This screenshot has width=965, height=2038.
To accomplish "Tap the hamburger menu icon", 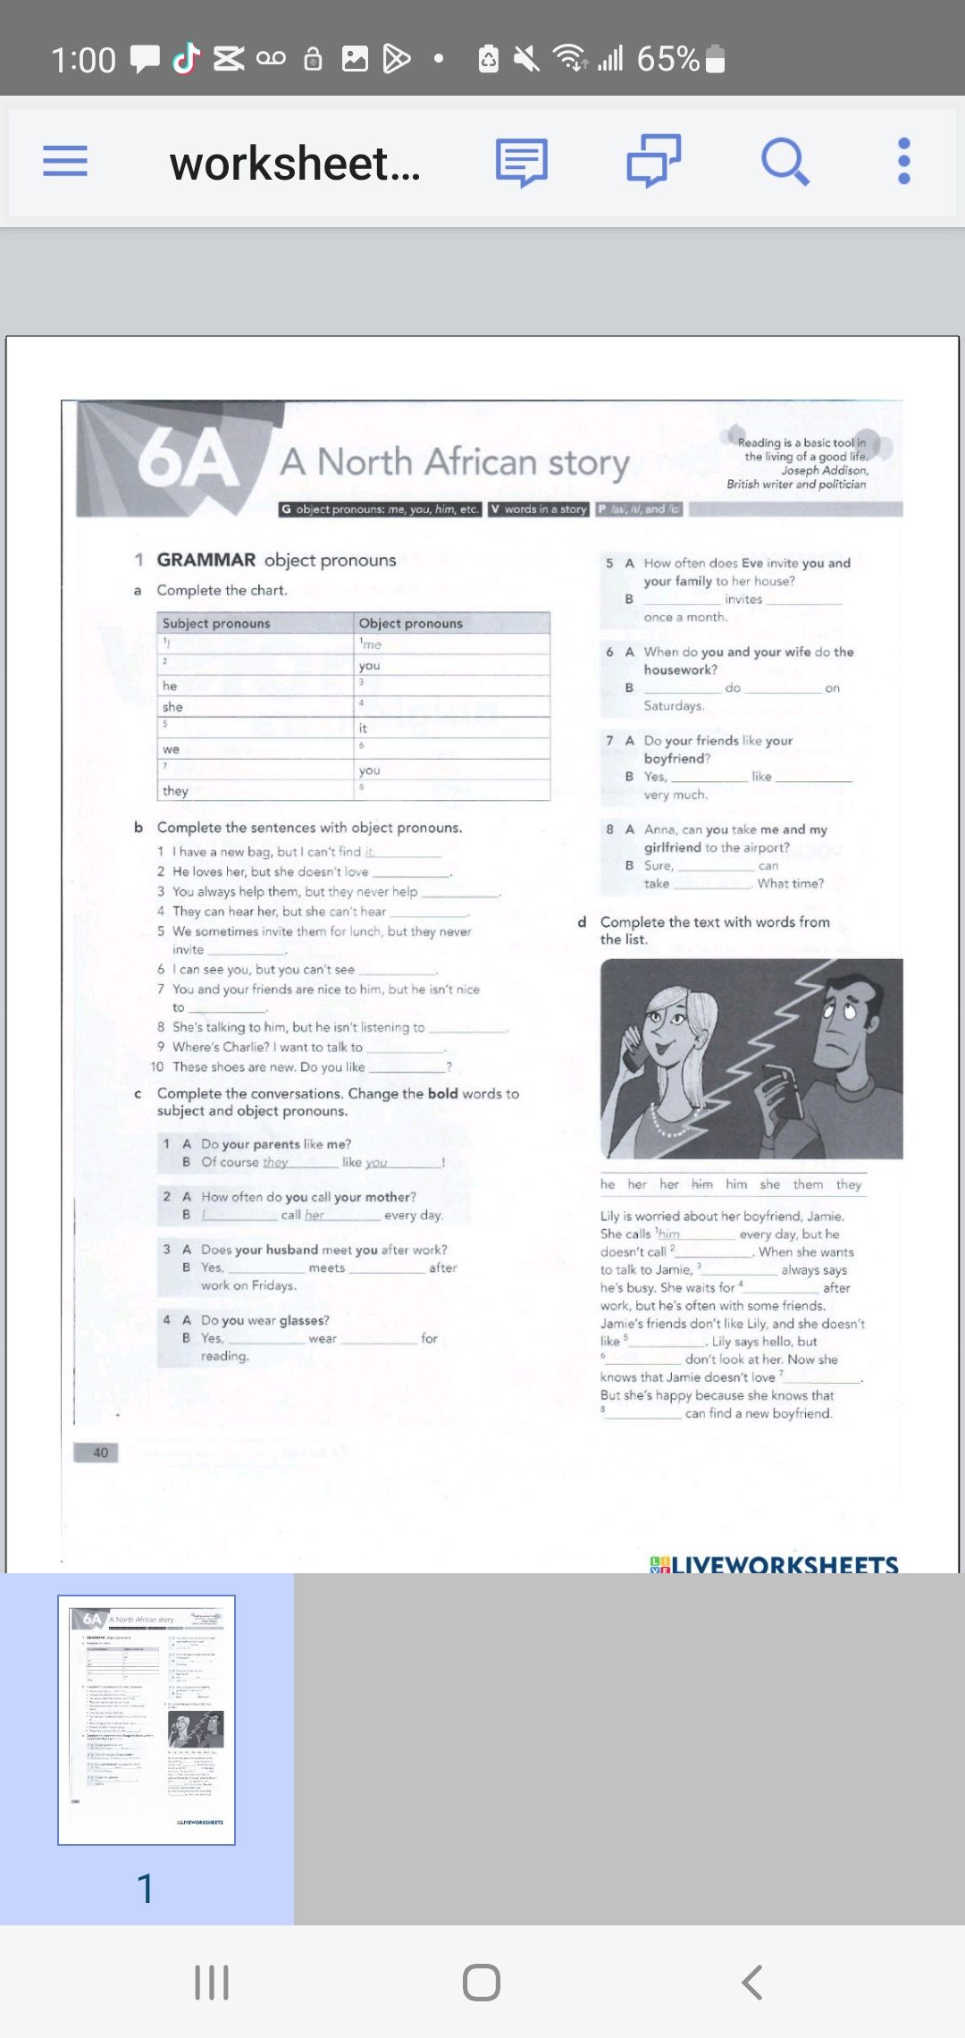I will tap(65, 162).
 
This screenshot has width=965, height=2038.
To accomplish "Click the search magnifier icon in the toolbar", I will tap(785, 162).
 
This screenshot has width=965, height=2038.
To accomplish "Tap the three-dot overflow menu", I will tap(903, 162).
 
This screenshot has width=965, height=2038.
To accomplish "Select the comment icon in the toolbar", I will tap(522, 162).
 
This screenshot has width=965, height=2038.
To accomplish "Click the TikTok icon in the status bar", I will tap(186, 59).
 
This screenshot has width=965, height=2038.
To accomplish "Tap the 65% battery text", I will tap(667, 59).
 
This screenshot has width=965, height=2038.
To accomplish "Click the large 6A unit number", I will tap(189, 461).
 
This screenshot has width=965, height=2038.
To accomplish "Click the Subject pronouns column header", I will tap(216, 623).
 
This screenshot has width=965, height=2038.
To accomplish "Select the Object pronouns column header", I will tap(411, 623).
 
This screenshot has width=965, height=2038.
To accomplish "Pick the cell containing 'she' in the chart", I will tap(173, 707).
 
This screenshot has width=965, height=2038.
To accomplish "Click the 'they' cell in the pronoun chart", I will tap(176, 791).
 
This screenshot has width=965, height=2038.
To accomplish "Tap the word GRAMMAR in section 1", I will tap(206, 560).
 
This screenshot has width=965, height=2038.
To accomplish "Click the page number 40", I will tap(100, 1453).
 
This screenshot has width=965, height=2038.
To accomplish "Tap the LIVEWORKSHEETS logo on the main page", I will tap(775, 1563).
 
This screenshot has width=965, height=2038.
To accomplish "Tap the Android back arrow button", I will tap(752, 1982).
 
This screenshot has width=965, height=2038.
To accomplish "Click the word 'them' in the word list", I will tap(808, 1184).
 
